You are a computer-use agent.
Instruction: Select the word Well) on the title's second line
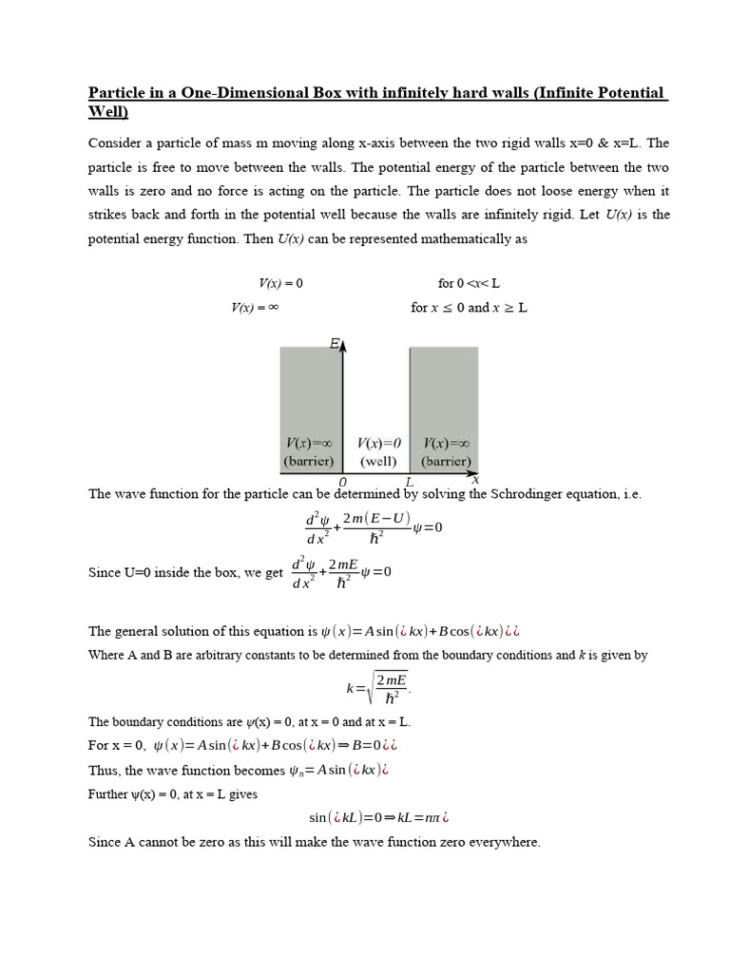coord(107,111)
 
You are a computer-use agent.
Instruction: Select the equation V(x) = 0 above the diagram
coord(280,283)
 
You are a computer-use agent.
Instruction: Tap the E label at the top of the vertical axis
coord(335,343)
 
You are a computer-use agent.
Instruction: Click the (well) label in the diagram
coord(378,461)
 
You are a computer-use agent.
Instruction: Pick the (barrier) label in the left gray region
coord(309,461)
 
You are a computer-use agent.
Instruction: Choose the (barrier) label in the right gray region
coord(446,461)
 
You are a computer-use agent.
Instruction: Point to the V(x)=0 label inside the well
coord(378,444)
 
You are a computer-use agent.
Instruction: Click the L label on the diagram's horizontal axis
coord(409,483)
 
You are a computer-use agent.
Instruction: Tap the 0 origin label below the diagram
coord(342,483)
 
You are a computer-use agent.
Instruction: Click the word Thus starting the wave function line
coord(104,770)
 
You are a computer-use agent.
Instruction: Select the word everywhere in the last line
coord(506,842)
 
